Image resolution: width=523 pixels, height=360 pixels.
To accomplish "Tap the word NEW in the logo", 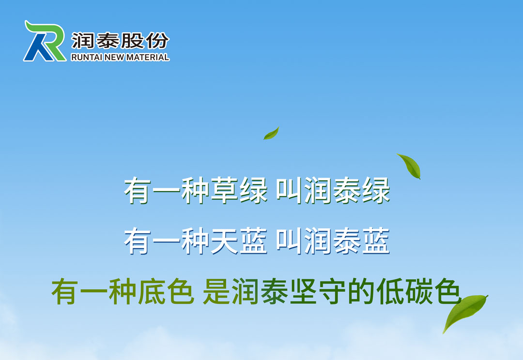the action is [114, 57].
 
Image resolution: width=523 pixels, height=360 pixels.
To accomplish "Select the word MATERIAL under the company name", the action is [148, 57].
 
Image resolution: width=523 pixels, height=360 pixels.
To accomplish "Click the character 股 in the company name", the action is [132, 41].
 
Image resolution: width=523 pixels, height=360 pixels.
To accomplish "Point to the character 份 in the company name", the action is [157, 41].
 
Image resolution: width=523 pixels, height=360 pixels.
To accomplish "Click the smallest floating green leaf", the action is [271, 134].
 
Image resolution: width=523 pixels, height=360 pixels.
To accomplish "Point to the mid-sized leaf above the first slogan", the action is [410, 165].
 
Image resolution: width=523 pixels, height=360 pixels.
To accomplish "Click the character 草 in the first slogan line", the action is [224, 190].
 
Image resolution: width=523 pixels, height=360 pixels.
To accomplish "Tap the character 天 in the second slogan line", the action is [224, 240].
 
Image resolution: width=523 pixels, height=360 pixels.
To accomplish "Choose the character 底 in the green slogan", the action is [152, 292].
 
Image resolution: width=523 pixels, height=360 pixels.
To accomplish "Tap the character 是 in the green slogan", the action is [216, 292].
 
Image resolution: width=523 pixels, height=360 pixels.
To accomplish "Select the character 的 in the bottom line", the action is [362, 292].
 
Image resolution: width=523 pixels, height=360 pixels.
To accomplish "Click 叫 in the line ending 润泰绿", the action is [289, 190].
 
